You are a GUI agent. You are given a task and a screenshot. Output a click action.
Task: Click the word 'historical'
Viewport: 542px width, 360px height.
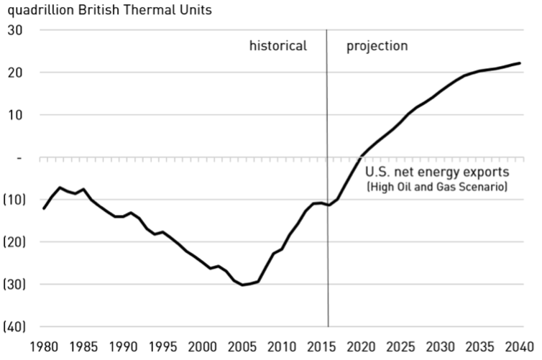point(278,45)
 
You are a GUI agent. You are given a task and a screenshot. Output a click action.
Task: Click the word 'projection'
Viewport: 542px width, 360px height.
point(377,46)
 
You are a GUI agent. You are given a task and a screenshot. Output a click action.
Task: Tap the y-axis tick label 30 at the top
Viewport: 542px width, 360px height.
point(15,30)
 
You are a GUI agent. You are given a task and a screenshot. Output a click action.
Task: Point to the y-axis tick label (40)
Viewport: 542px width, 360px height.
point(14,326)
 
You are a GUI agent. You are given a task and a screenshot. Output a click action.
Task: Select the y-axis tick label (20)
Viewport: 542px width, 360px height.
point(14,242)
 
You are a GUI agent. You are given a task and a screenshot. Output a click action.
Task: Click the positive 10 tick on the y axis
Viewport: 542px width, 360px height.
point(15,115)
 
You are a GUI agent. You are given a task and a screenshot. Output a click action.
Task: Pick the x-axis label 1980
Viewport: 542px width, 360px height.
point(44,347)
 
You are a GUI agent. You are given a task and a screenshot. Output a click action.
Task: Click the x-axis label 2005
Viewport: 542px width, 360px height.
point(242,347)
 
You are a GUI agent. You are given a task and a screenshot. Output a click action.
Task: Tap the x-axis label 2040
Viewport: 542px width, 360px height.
point(520,347)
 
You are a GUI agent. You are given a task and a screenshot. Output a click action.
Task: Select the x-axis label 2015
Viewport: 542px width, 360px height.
point(321,347)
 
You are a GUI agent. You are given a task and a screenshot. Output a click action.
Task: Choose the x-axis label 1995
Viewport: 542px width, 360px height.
point(162,347)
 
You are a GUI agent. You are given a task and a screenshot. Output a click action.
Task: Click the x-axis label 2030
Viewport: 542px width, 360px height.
point(440,347)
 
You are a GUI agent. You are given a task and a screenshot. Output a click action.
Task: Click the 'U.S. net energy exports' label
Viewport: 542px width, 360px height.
point(437,172)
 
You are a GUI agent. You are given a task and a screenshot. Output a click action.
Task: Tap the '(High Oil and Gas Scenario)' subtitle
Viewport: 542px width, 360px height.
point(437,187)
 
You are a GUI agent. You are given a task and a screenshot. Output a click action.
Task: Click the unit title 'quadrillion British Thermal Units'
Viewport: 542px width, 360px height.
point(109,10)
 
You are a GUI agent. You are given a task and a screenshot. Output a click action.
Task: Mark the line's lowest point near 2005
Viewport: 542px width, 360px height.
point(242,285)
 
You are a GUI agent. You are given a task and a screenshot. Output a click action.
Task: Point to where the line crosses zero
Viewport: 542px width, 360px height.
point(360,157)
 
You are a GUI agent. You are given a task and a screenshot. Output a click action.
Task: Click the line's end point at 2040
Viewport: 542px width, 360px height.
point(520,63)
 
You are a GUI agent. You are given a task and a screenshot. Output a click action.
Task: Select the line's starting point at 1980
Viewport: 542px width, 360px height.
point(44,208)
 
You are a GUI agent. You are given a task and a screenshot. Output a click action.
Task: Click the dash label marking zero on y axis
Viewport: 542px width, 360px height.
point(19,158)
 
